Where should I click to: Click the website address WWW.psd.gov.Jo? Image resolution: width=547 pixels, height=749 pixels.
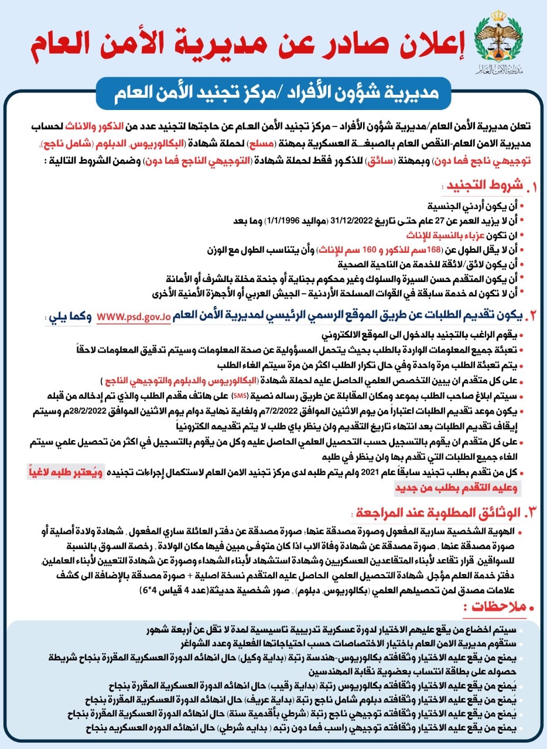[x=134, y=315]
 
